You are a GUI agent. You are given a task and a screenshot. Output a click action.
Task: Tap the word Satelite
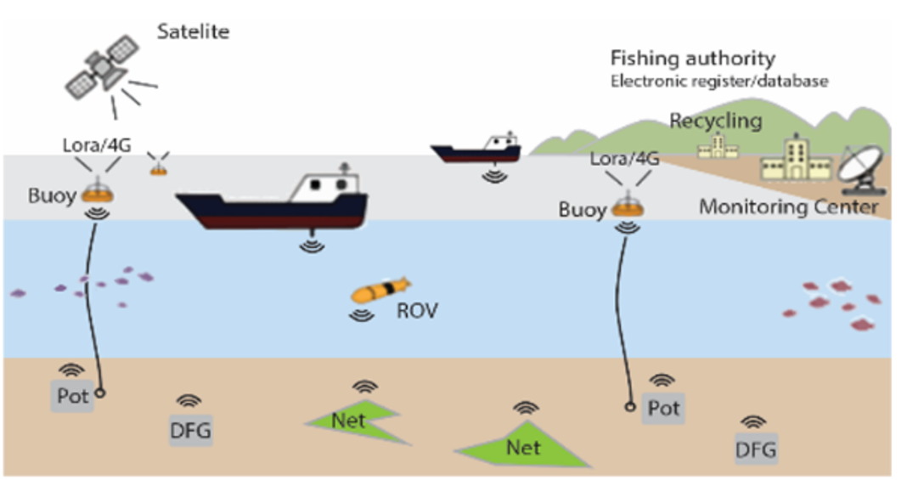click(x=193, y=33)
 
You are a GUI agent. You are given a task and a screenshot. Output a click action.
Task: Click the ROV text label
click(x=417, y=310)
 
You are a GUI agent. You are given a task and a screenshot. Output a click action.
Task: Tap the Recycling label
click(x=715, y=121)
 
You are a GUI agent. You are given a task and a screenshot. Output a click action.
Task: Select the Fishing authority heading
click(x=692, y=59)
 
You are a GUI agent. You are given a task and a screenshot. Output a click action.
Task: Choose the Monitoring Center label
click(x=788, y=206)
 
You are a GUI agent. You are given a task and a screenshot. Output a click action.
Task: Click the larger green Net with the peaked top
click(x=520, y=444)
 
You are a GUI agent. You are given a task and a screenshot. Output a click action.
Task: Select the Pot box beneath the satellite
click(x=72, y=395)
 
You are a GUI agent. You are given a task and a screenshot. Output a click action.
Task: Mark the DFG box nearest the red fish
click(x=755, y=447)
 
